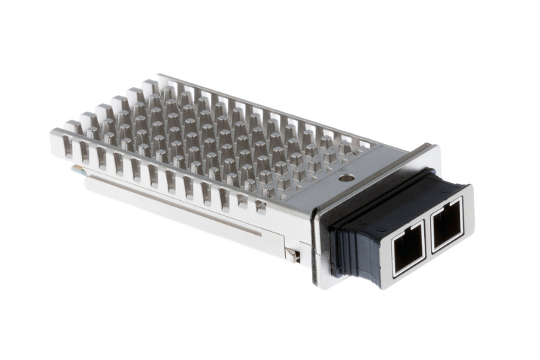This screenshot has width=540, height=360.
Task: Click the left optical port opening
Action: (408, 248)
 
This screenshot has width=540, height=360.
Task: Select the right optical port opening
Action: (446, 224)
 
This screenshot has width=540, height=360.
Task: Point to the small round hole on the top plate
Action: (347, 177)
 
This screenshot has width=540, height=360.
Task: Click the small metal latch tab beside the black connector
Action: (292, 254)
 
